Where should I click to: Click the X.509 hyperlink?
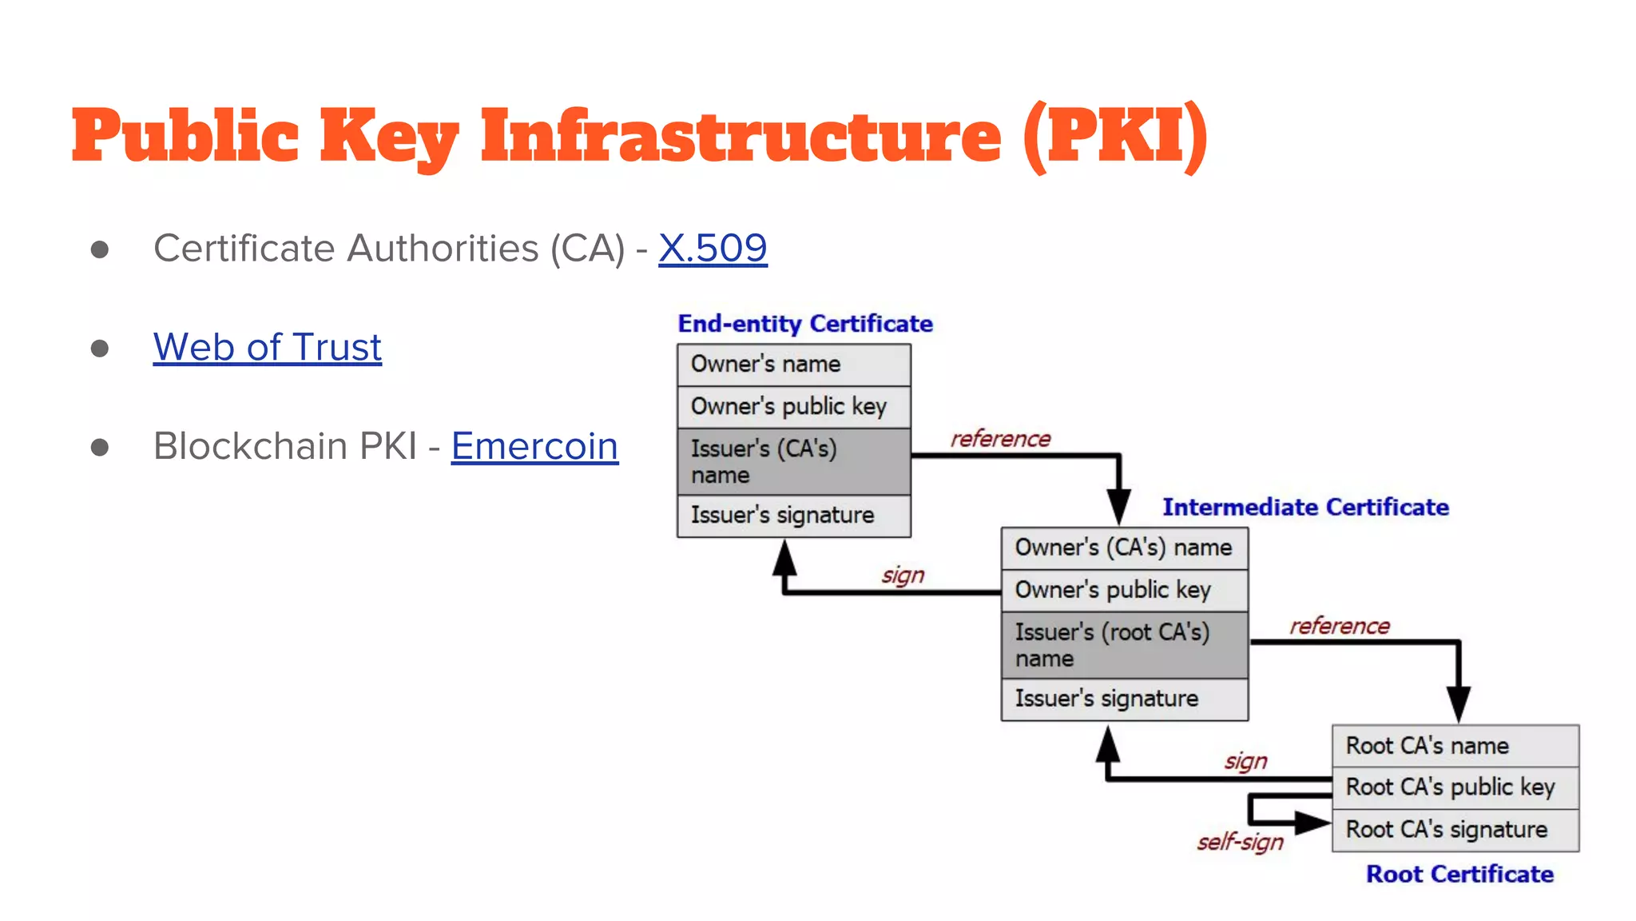pos(713,249)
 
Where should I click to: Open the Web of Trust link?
pos(267,348)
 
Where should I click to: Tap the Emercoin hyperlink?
pos(534,446)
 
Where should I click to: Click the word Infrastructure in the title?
pos(740,136)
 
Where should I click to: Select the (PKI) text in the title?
pos(1115,136)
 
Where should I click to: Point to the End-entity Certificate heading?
pos(804,324)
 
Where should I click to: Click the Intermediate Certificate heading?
pos(1304,507)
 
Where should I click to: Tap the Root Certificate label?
pos(1459,874)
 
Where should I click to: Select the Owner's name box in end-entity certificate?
pos(793,365)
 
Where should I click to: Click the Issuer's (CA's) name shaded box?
pos(793,461)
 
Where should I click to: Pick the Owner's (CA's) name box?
pos(1124,548)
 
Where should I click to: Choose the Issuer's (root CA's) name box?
pos(1124,644)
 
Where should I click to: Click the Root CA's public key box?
pos(1455,787)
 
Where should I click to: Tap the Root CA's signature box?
pos(1455,830)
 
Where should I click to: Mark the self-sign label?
pos(1240,842)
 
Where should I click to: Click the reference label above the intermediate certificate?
pos(1000,439)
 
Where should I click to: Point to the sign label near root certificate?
pos(1245,761)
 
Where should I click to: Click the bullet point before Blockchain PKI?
pos(100,447)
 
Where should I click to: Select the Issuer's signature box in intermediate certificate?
pos(1124,699)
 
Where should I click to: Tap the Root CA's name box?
pos(1455,746)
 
